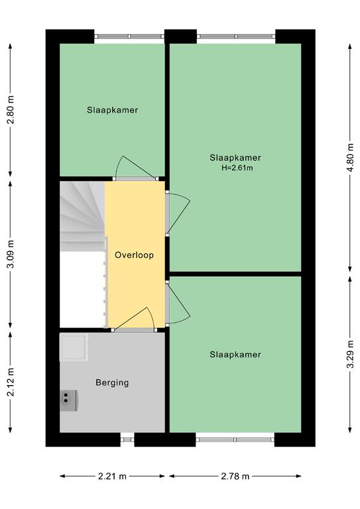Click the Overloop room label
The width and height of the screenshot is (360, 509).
point(134,255)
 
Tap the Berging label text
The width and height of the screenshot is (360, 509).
point(112,382)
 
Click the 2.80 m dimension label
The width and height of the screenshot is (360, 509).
point(11,110)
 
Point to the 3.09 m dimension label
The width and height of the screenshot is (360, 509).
point(11,254)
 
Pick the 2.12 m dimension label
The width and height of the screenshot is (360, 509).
point(11,382)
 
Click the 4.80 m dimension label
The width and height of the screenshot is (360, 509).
point(350,158)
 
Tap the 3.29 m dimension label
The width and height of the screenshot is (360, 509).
point(350,355)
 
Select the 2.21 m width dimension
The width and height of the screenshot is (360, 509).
point(112,477)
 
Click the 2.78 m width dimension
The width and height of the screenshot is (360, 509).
point(235,477)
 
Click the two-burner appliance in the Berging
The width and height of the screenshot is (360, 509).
point(68,400)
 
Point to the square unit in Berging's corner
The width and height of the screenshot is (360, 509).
point(74,348)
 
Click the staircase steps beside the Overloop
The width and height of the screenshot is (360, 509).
point(83,216)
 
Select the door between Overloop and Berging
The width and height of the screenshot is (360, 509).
point(134,318)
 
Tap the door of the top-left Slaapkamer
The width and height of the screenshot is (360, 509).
point(135,168)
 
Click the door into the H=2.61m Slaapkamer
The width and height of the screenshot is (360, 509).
point(178,213)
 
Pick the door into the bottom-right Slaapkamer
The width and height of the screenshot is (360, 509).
point(178,304)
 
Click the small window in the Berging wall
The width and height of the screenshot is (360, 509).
point(127,440)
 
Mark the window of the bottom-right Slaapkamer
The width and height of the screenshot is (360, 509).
point(235,440)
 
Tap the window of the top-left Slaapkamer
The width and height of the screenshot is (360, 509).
point(129,36)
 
